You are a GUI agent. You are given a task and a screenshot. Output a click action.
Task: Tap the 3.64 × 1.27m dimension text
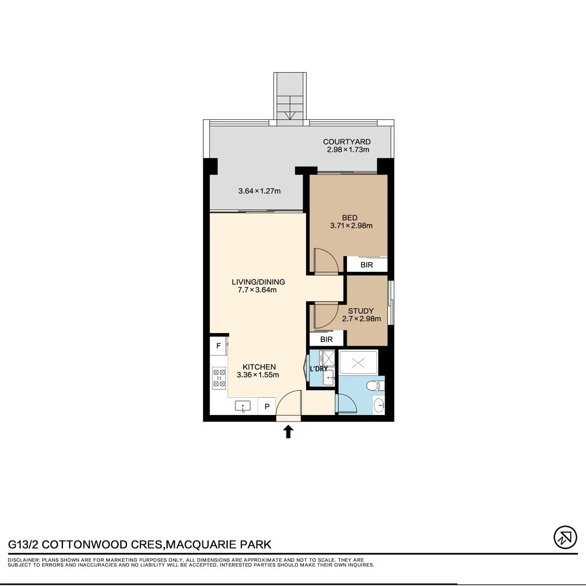pos(259,191)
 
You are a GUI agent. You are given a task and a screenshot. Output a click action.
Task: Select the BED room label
pos(349,218)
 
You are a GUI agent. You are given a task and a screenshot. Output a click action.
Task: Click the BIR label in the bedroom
pos(367,265)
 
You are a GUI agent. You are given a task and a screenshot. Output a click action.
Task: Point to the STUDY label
pos(361,311)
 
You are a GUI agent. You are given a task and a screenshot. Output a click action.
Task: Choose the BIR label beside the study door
pos(326,339)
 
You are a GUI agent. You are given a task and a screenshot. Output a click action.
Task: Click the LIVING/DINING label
pos(258,282)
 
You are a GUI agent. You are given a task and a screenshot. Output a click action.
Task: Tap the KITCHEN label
pos(259,367)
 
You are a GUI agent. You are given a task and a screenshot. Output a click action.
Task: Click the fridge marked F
pos(219,346)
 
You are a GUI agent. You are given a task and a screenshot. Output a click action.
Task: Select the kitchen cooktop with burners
pos(219,378)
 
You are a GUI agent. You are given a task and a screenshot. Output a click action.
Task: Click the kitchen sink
pos(243,406)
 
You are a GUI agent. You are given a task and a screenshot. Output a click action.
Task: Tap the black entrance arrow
pos(288,431)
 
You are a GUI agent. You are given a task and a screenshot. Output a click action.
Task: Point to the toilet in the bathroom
pos(373,386)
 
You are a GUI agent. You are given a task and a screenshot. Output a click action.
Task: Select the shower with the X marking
pos(357,362)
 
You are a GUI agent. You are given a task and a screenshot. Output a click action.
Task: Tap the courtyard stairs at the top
pos(289,98)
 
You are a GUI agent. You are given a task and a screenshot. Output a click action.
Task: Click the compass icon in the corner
pos(565,537)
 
